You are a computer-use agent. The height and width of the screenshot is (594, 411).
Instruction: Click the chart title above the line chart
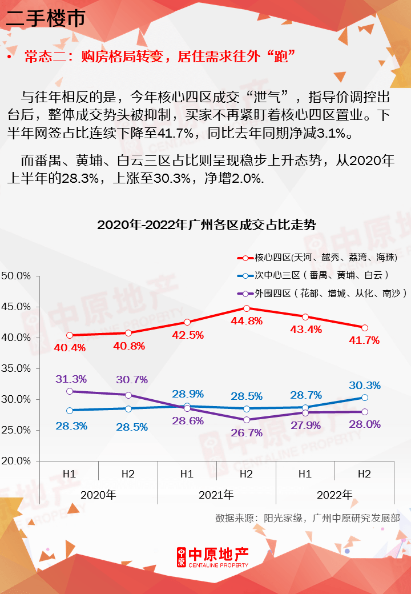click(x=206, y=224)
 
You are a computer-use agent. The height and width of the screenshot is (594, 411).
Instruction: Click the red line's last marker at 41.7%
click(x=364, y=327)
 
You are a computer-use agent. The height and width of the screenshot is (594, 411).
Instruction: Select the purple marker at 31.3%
click(x=70, y=391)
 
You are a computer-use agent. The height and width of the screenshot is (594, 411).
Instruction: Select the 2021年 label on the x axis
click(x=216, y=495)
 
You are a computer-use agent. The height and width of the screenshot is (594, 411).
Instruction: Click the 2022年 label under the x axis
click(x=335, y=495)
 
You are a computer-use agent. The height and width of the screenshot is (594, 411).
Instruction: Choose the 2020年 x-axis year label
click(x=98, y=495)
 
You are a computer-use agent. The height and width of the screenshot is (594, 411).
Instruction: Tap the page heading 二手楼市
click(x=46, y=18)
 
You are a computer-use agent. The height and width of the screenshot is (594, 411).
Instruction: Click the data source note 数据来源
click(x=307, y=518)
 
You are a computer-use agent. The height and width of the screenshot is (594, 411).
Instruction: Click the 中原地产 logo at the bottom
click(x=212, y=557)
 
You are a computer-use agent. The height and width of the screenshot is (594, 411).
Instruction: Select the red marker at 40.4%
click(x=70, y=335)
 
